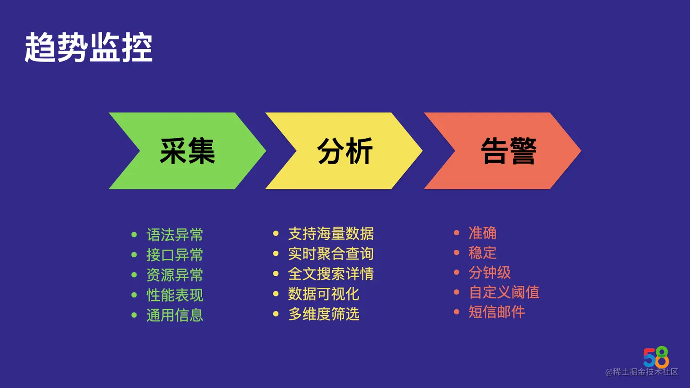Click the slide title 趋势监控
pyautogui.click(x=89, y=47)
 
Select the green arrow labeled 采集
pyautogui.click(x=187, y=151)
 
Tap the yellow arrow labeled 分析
pyautogui.click(x=345, y=151)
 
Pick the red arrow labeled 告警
pyautogui.click(x=508, y=151)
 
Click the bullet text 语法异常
pyautogui.click(x=174, y=235)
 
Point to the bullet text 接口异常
pyautogui.click(x=174, y=255)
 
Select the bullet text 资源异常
pyautogui.click(x=174, y=275)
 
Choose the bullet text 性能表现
pyautogui.click(x=174, y=295)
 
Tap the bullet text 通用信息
pyautogui.click(x=174, y=315)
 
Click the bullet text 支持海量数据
pyautogui.click(x=330, y=234)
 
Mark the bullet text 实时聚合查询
pyautogui.click(x=330, y=253)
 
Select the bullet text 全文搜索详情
pyautogui.click(x=330, y=274)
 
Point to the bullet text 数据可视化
pyautogui.click(x=323, y=294)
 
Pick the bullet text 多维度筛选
pyautogui.click(x=323, y=314)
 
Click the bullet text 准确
pyautogui.click(x=482, y=233)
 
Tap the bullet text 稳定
pyautogui.click(x=482, y=253)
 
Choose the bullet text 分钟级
pyautogui.click(x=489, y=272)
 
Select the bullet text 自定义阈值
pyautogui.click(x=503, y=292)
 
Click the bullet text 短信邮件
pyautogui.click(x=497, y=312)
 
